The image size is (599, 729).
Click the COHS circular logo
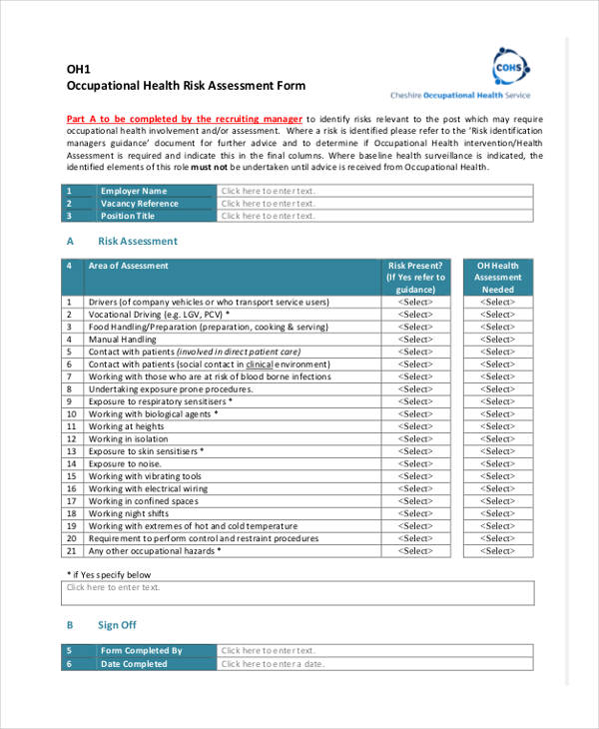tap(510, 68)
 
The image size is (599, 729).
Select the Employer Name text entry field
tap(374, 191)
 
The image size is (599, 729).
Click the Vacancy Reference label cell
tap(140, 203)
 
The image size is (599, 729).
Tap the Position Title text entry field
tap(374, 216)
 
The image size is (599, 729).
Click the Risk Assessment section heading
tap(137, 241)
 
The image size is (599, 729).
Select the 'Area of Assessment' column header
tap(129, 266)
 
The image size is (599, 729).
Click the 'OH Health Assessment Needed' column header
tap(497, 278)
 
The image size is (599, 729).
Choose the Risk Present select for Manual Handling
tap(415, 340)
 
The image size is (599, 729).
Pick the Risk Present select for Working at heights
tap(415, 426)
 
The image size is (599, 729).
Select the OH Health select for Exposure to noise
tap(497, 464)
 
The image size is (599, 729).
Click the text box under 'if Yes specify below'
tap(299, 593)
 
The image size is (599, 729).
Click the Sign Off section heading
tap(117, 626)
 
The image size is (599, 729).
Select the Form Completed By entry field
tap(374, 651)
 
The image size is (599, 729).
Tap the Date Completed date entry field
tap(374, 664)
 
